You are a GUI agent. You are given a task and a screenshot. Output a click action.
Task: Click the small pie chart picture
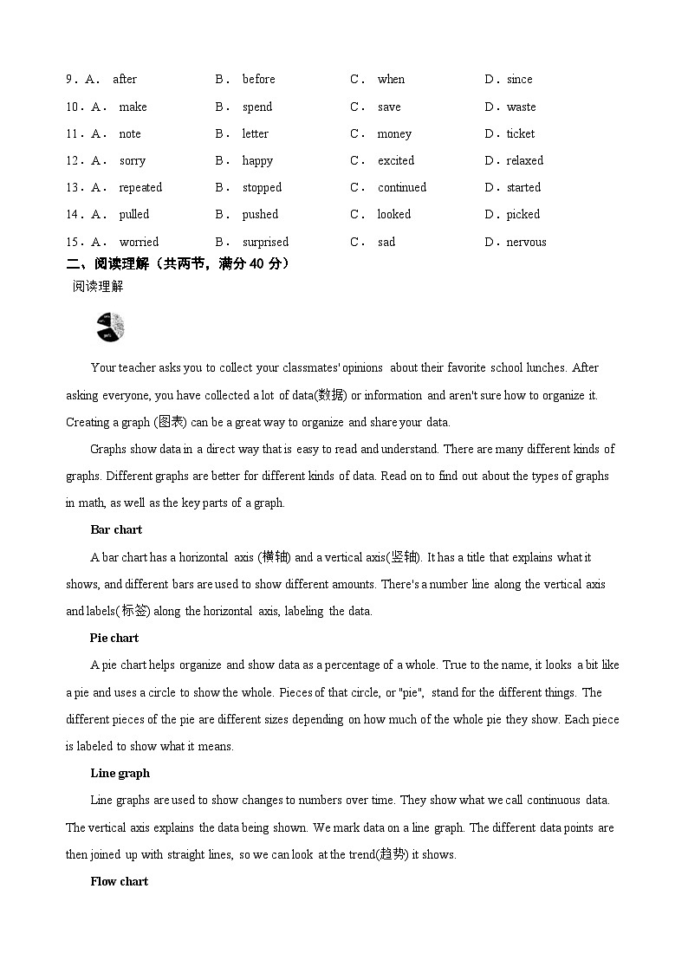tap(110, 327)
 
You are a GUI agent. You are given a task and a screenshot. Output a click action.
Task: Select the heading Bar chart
tap(115, 529)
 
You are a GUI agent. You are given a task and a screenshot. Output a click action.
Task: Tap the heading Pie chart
tap(114, 638)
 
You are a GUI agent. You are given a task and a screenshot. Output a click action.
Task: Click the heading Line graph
tap(120, 773)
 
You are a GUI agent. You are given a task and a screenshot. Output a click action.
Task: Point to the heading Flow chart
tap(119, 881)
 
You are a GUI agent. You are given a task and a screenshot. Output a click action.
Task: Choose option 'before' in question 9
tap(258, 79)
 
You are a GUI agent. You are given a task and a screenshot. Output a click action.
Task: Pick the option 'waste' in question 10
tap(521, 107)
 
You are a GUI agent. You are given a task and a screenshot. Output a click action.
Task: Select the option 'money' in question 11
tap(394, 133)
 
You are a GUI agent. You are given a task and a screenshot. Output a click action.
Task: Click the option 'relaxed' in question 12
tap(524, 160)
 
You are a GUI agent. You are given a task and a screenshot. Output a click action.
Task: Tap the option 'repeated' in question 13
tap(140, 187)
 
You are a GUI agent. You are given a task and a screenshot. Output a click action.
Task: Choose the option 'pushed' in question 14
tap(260, 214)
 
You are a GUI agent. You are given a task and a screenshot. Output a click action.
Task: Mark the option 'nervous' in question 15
tap(526, 242)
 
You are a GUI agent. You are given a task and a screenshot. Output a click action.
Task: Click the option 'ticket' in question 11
tap(520, 133)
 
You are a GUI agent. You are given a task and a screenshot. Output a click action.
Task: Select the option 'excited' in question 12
tap(396, 160)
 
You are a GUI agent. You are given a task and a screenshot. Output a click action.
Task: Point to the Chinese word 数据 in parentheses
tap(330, 395)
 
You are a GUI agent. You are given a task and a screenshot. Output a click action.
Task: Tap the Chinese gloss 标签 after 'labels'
tap(135, 611)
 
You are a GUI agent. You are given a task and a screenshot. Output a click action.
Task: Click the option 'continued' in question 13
tap(401, 187)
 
